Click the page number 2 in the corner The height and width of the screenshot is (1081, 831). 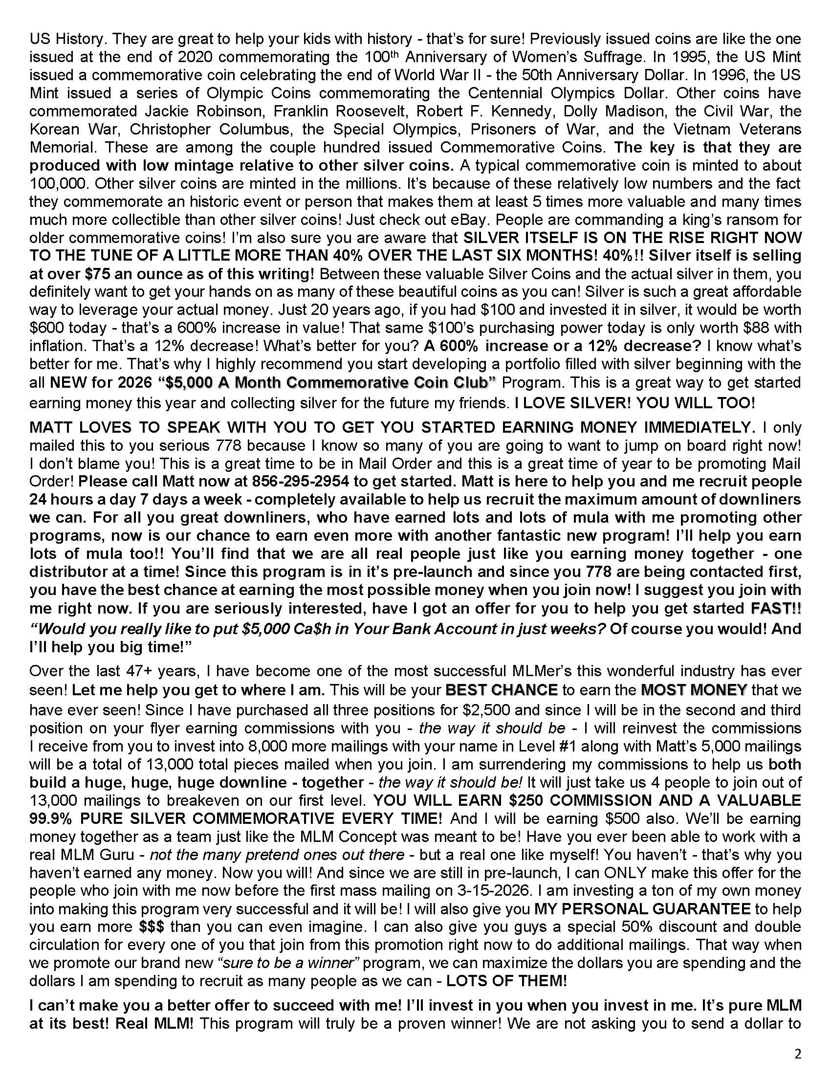coord(797,1054)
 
